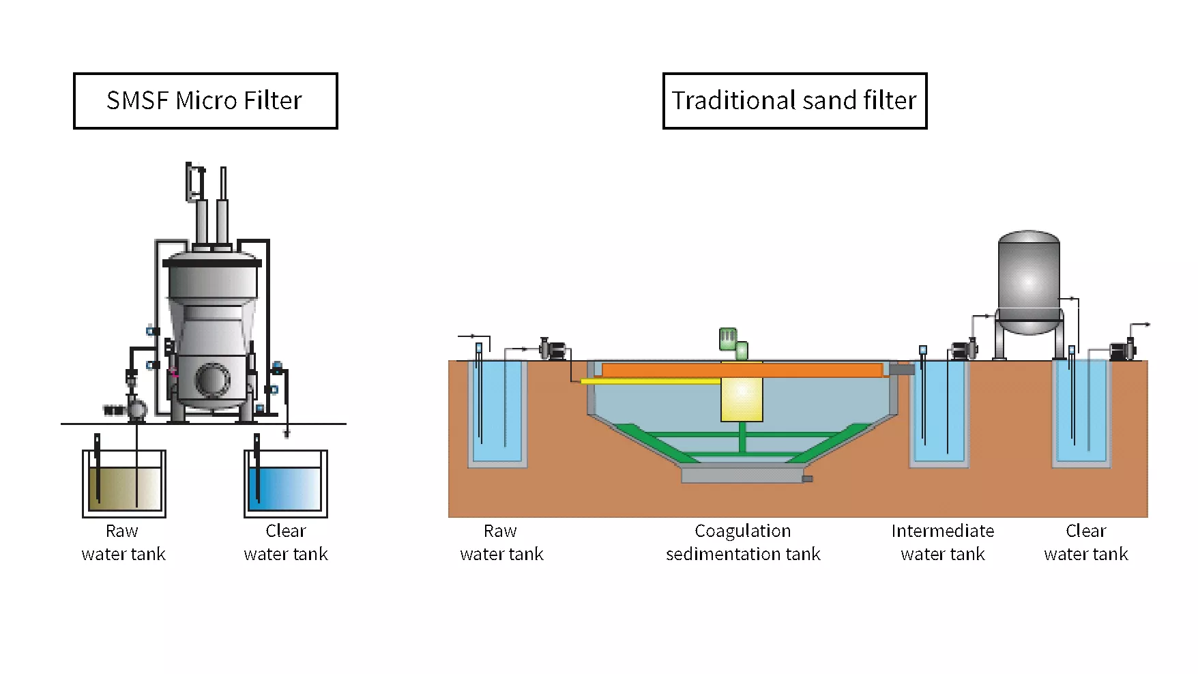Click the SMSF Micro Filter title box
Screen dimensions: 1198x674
[205, 101]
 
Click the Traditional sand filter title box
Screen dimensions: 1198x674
[795, 101]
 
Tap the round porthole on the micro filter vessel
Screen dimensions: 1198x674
[213, 379]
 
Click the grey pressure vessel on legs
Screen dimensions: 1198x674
[1029, 293]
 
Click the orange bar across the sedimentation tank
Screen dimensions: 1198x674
[742, 370]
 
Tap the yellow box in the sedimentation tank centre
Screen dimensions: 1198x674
[742, 399]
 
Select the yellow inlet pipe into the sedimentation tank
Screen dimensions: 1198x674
[651, 381]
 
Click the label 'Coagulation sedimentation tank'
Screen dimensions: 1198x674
[743, 542]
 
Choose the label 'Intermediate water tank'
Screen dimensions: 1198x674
[943, 542]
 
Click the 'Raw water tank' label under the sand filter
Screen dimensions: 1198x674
[501, 542]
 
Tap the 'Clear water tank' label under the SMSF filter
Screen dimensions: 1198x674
[286, 542]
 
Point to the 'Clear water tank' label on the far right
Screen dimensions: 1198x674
[1086, 542]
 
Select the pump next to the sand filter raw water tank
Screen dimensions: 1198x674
[553, 350]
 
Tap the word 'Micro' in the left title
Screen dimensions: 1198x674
[206, 101]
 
